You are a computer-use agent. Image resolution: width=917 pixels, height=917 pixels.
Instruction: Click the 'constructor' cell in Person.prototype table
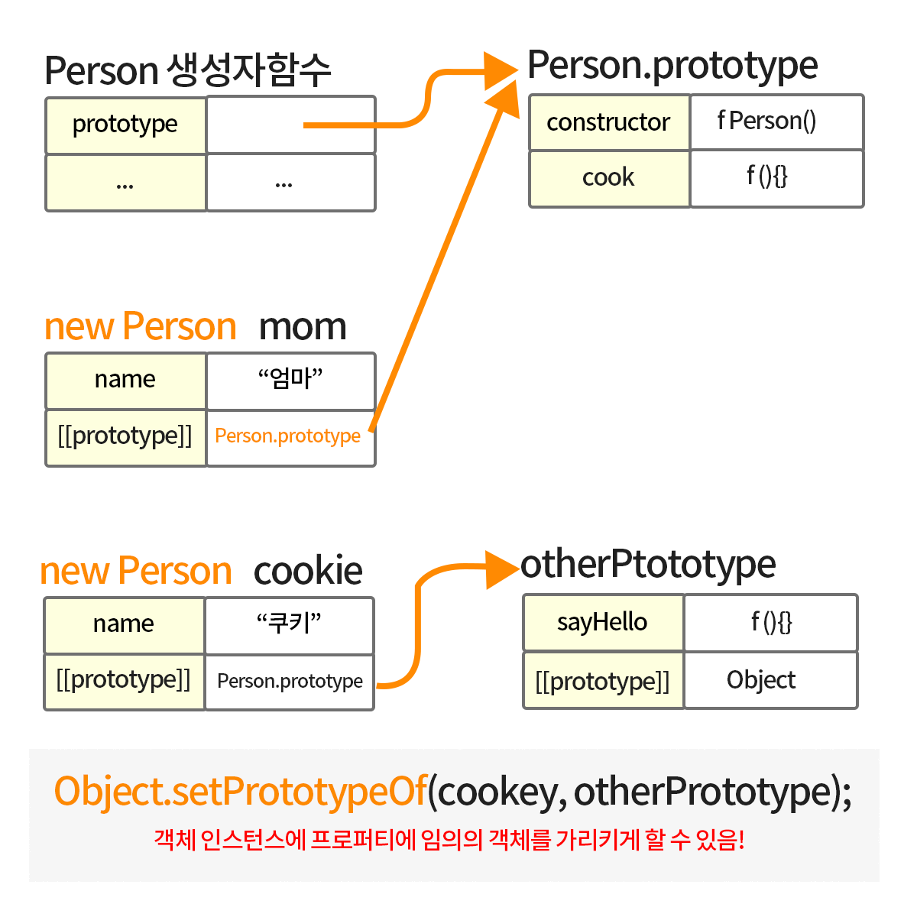[x=609, y=122]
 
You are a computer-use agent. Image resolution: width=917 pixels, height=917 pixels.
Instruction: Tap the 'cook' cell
[x=609, y=178]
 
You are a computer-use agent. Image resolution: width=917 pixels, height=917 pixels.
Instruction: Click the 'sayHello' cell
[x=603, y=623]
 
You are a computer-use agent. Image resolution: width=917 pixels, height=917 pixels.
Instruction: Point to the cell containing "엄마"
[x=290, y=381]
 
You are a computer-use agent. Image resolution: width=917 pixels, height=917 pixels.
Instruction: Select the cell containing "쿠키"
[x=289, y=625]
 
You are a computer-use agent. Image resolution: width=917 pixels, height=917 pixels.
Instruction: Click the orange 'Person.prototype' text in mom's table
[x=287, y=436]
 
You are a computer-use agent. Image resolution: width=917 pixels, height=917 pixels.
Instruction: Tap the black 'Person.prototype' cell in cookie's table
[x=290, y=682]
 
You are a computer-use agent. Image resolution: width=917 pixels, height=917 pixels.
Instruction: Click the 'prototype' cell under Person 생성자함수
[x=125, y=125]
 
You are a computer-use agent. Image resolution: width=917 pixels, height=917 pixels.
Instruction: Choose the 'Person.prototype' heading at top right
[x=672, y=66]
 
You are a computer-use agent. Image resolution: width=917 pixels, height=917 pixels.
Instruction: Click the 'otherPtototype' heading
[x=648, y=565]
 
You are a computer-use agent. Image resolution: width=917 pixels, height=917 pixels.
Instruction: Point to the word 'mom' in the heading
[x=303, y=327]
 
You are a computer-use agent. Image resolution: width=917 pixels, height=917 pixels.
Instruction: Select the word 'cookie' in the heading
[x=308, y=572]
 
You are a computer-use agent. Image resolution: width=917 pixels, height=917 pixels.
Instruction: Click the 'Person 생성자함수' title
[x=188, y=70]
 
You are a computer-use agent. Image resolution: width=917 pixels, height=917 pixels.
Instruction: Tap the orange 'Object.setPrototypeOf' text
[x=240, y=792]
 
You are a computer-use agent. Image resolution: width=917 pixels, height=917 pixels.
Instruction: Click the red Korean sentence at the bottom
[x=449, y=841]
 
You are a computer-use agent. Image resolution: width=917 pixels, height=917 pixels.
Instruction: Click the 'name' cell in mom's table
[x=125, y=381]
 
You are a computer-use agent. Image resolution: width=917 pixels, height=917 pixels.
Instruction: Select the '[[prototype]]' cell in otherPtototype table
[x=603, y=681]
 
